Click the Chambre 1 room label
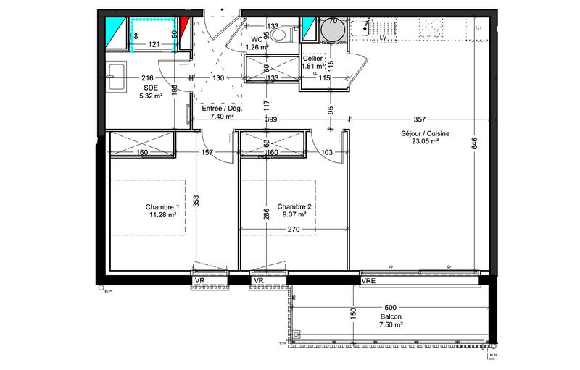(162, 206)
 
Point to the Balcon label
(391, 317)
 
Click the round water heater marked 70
(333, 31)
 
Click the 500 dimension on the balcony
(391, 307)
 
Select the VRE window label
(368, 280)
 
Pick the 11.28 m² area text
(162, 214)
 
